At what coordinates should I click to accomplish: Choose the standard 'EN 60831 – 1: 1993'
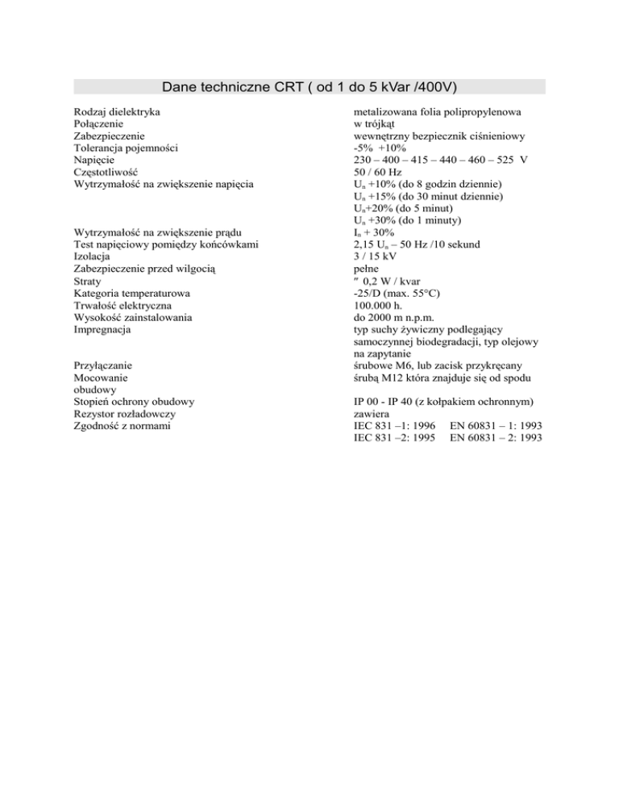coord(496,425)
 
